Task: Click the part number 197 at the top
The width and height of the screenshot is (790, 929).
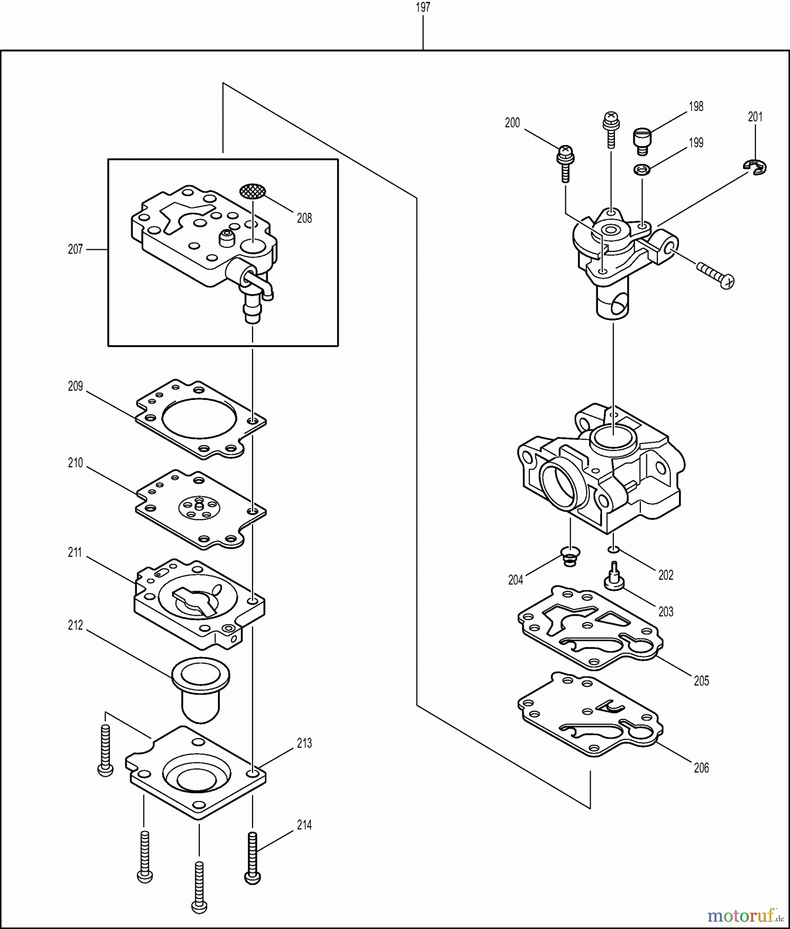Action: (422, 7)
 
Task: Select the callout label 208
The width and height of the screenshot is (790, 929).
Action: (304, 218)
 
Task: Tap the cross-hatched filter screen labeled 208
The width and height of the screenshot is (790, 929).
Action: (253, 190)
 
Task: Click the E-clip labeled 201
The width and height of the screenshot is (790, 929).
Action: (755, 167)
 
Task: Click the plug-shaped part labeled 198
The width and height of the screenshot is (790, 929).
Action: (642, 140)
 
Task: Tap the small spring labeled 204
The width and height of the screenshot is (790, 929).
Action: (570, 557)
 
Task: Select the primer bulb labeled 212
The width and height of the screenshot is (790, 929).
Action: (200, 688)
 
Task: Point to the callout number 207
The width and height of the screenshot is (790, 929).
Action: (75, 249)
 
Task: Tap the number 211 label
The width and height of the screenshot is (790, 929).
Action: (75, 553)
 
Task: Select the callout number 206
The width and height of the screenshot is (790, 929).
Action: (701, 768)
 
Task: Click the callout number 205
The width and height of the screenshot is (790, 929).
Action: (701, 681)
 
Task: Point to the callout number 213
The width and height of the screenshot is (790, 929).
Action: (304, 743)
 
